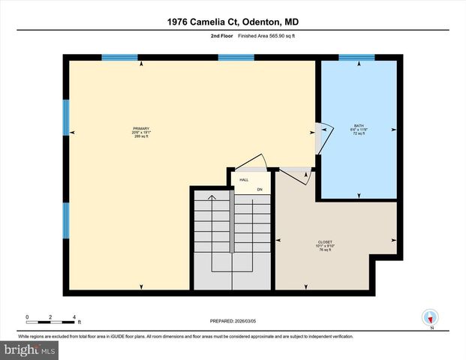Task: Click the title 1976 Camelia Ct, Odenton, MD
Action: (233, 22)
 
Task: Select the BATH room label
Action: (359, 125)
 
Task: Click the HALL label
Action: (244, 181)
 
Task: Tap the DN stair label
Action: (260, 189)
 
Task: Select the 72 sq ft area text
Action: (359, 133)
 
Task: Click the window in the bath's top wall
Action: (356, 57)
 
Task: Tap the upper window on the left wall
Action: (66, 118)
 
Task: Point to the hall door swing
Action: (251, 163)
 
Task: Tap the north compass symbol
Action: (430, 318)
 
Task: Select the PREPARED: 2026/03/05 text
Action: (233, 322)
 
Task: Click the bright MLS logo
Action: (30, 350)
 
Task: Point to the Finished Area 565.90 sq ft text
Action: (254, 34)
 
